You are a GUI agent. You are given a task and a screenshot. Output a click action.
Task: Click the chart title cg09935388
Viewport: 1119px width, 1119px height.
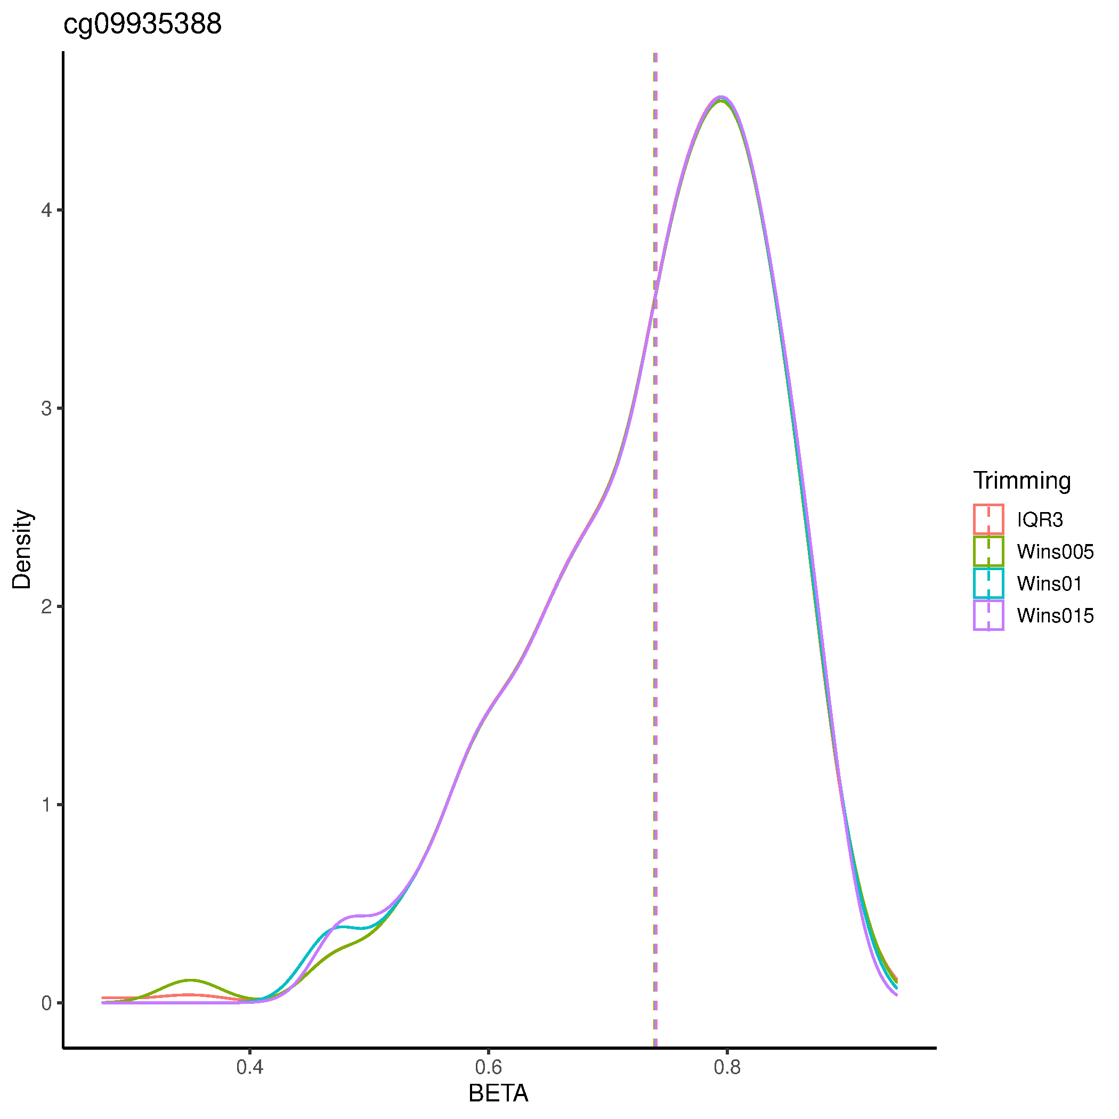pyautogui.click(x=142, y=25)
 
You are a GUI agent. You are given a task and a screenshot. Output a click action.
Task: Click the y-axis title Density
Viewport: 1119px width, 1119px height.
pyautogui.click(x=22, y=549)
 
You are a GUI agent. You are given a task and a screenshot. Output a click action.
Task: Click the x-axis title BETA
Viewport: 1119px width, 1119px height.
pyautogui.click(x=498, y=1093)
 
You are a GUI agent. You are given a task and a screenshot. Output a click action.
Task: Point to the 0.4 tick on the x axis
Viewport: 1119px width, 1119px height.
pyautogui.click(x=249, y=1067)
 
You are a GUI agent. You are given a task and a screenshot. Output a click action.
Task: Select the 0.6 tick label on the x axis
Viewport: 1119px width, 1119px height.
pyautogui.click(x=488, y=1067)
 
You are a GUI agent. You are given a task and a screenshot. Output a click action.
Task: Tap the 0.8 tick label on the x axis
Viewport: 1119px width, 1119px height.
pyautogui.click(x=727, y=1067)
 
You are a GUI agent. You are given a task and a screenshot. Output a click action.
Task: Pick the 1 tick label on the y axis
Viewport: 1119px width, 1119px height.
pyautogui.click(x=46, y=805)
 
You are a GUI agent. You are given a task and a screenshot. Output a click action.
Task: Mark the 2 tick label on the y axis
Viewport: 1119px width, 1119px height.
pyautogui.click(x=46, y=606)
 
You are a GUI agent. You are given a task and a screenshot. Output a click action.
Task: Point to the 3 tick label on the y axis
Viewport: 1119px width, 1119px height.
pyautogui.click(x=46, y=408)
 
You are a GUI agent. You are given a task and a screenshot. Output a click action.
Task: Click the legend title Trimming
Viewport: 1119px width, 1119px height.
pyautogui.click(x=1021, y=481)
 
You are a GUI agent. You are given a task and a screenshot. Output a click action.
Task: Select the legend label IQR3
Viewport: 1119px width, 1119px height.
pyautogui.click(x=1040, y=520)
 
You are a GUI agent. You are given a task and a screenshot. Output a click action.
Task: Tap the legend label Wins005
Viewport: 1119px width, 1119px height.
pyautogui.click(x=1055, y=552)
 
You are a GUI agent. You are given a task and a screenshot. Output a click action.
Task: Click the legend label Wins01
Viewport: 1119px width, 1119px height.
pyautogui.click(x=1049, y=583)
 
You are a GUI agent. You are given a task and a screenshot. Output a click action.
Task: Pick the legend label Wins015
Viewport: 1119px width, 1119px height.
pyautogui.click(x=1055, y=615)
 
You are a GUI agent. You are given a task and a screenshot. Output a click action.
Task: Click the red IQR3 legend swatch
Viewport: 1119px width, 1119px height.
pyautogui.click(x=988, y=520)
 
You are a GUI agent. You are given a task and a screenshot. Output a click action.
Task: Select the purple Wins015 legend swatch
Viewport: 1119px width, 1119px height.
pyautogui.click(x=988, y=615)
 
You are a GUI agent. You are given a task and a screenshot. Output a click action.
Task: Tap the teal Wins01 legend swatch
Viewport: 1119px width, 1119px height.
pyautogui.click(x=988, y=583)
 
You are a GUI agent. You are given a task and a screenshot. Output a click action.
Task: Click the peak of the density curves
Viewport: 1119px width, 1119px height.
pyautogui.click(x=720, y=98)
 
